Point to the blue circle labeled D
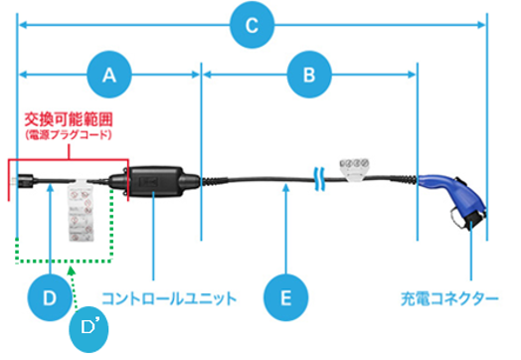[49, 296]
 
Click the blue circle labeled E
[286, 296]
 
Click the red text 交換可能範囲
[67, 116]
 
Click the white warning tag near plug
[81, 210]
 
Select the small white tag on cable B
[356, 166]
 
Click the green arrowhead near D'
[70, 270]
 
